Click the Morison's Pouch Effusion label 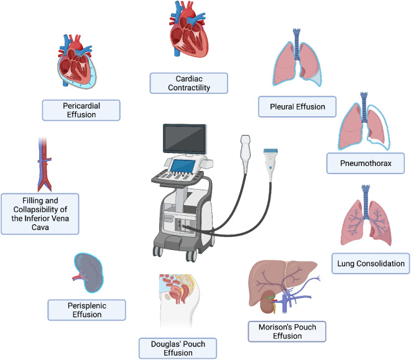[287, 331]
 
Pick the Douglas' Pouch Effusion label [178, 348]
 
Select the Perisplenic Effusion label [87, 309]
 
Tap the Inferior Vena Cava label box [40, 213]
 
